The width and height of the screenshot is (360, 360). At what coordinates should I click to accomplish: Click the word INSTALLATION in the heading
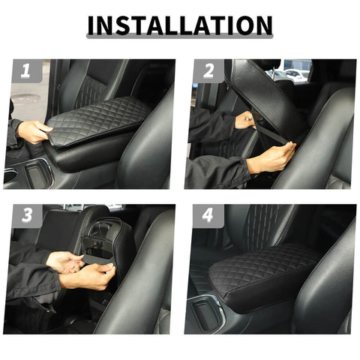pyautogui.click(x=179, y=25)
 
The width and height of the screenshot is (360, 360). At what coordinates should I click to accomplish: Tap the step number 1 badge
pyautogui.click(x=25, y=72)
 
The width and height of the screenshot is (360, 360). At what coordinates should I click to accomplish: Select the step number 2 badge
pyautogui.click(x=208, y=72)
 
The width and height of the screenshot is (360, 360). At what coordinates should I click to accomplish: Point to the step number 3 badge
pyautogui.click(x=25, y=217)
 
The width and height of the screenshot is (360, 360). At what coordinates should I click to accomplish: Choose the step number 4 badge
pyautogui.click(x=208, y=217)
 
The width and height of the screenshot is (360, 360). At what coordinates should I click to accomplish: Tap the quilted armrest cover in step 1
pyautogui.click(x=97, y=120)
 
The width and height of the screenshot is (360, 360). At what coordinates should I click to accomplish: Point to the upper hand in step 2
pyautogui.click(x=244, y=120)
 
